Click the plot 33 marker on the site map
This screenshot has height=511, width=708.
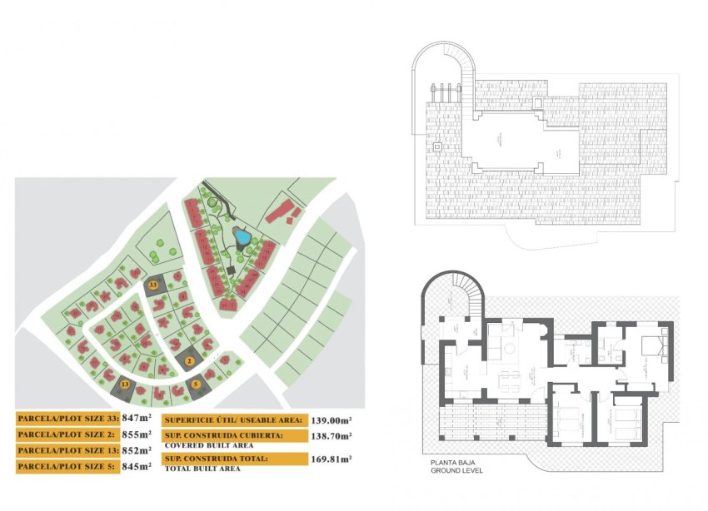pos(153,285)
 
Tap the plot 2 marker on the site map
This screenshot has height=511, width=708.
pos(190,361)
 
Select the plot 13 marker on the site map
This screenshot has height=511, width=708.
pos(125,384)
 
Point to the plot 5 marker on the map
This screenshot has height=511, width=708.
pos(197,384)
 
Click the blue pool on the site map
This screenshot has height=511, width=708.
pos(242,237)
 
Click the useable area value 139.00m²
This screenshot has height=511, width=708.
pos(331,421)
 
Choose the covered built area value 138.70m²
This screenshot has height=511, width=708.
pos(331,436)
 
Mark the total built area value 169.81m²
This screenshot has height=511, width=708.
pos(331,459)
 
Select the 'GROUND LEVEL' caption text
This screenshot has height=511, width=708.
pos(456,471)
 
